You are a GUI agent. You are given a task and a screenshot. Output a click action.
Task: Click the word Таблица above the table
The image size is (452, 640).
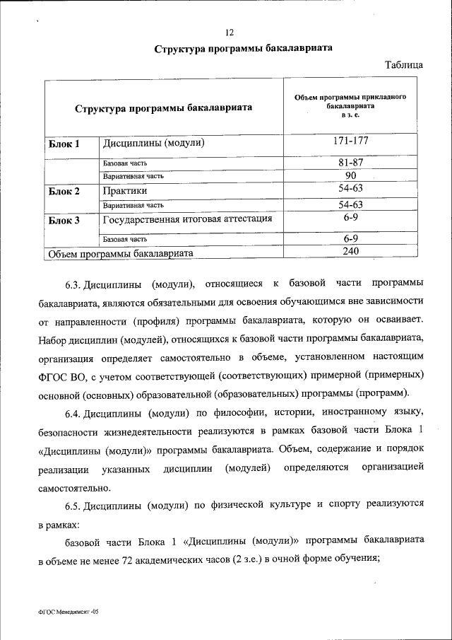404,65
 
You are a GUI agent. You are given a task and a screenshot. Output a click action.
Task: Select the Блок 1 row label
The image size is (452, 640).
64,144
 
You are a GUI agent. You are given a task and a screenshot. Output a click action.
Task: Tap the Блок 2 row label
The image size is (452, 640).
64,192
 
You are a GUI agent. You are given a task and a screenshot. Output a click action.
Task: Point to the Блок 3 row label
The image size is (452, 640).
64,221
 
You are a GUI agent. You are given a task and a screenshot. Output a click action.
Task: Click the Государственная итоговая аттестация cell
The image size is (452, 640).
188,219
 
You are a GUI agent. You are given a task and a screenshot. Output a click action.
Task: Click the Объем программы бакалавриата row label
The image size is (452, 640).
120,253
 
